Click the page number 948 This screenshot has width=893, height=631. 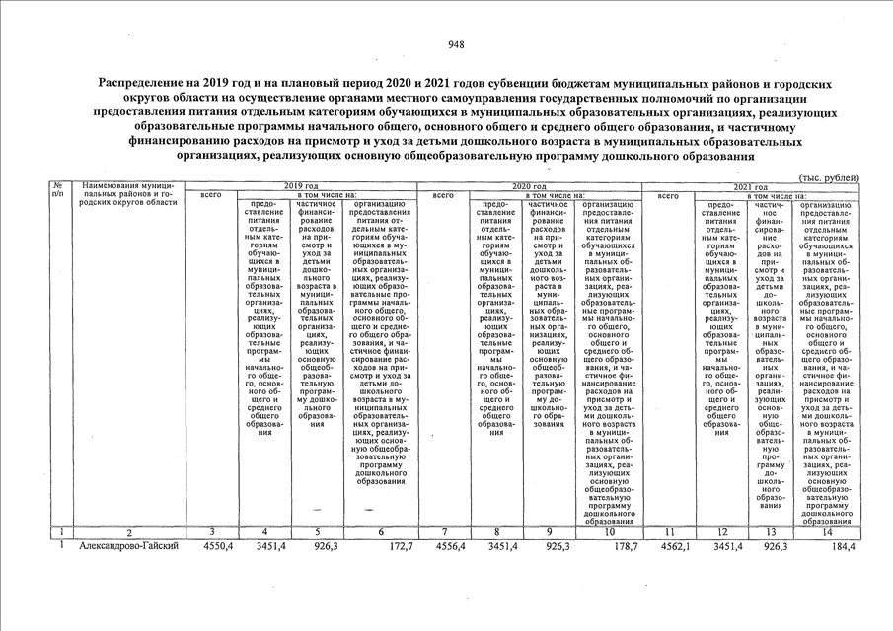(x=456, y=45)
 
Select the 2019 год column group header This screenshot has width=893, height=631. (x=301, y=186)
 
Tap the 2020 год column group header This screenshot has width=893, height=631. (x=529, y=186)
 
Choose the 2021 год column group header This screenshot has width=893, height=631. (x=753, y=186)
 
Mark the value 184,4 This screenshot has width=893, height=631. (x=845, y=546)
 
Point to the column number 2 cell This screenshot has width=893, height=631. (x=127, y=533)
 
